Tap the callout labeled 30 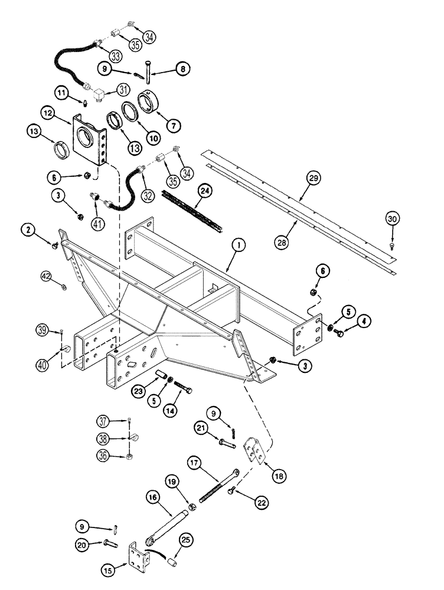click(393, 219)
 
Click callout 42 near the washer click(47, 275)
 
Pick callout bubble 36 click(104, 454)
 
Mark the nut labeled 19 click(191, 507)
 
